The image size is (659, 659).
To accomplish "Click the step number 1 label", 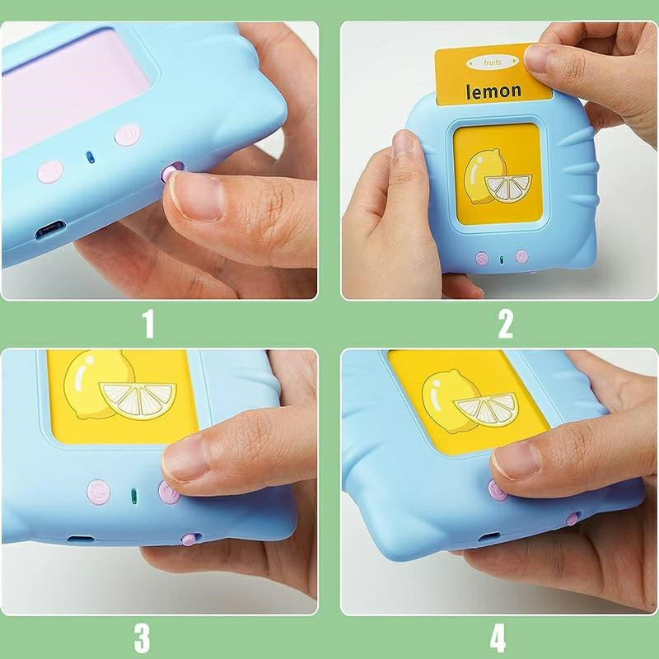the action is [x=148, y=324].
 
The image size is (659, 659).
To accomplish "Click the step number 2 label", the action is [x=506, y=324].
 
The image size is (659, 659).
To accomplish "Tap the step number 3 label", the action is [x=142, y=638].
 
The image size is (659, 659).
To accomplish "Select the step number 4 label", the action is [x=498, y=638].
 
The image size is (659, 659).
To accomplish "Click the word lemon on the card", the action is [x=493, y=91].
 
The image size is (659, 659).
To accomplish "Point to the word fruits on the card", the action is [x=492, y=63].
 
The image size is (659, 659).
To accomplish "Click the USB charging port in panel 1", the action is [x=50, y=229].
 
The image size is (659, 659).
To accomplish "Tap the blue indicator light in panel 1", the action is [x=90, y=157].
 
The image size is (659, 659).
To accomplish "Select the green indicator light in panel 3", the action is [x=134, y=496].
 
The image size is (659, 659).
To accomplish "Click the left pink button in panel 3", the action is [x=99, y=492].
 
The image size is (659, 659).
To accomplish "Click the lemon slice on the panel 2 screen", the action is [x=508, y=188].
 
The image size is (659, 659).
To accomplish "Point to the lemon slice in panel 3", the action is [x=138, y=400].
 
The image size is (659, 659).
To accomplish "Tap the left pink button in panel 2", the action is [x=482, y=258].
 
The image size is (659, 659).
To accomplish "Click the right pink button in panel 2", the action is [x=521, y=256].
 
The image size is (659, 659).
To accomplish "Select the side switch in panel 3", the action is [x=190, y=539].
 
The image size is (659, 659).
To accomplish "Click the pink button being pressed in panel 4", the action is [x=498, y=490].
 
